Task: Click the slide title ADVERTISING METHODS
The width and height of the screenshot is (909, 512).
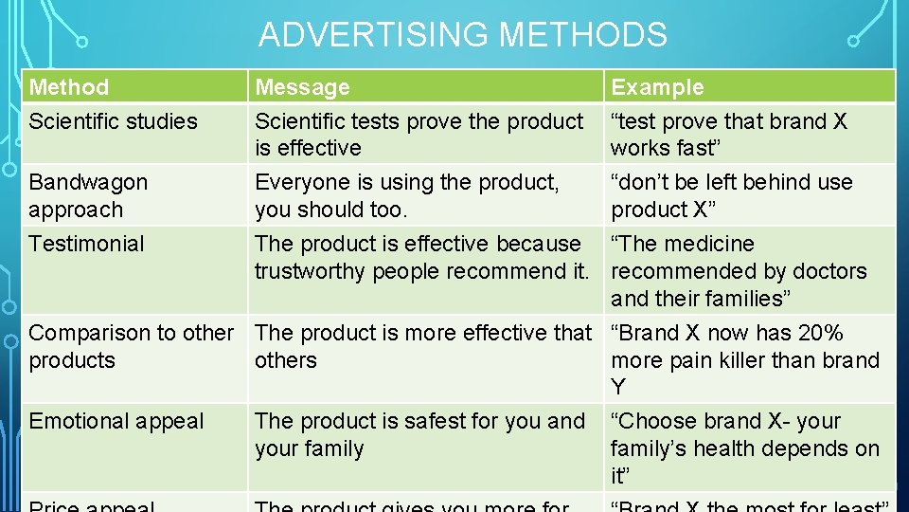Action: pyautogui.click(x=463, y=35)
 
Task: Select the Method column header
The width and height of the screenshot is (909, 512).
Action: pyautogui.click(x=69, y=87)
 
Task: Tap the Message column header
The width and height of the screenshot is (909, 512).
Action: pyautogui.click(x=302, y=87)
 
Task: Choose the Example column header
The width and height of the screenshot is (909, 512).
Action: pyautogui.click(x=657, y=87)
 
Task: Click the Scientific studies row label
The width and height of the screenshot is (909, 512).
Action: pyautogui.click(x=113, y=121)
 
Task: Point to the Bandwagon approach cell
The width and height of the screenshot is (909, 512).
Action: pyautogui.click(x=88, y=195)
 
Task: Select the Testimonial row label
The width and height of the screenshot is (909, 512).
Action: pyautogui.click(x=86, y=244)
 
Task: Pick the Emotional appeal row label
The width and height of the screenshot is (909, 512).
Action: pyautogui.click(x=116, y=421)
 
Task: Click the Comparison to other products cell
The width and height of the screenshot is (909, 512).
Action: pyautogui.click(x=131, y=346)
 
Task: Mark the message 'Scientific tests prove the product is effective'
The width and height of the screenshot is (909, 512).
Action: pyautogui.click(x=419, y=135)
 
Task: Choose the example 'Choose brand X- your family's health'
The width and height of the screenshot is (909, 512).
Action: pyautogui.click(x=744, y=434)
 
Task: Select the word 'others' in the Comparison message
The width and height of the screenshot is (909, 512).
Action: pyautogui.click(x=285, y=360)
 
